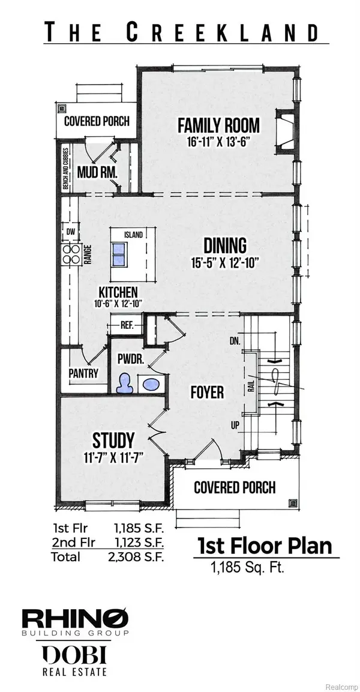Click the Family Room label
(218, 125)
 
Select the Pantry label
(83, 372)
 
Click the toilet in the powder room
(125, 382)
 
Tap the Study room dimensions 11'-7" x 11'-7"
(113, 456)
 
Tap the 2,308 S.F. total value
(140, 556)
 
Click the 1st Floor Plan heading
(265, 547)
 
